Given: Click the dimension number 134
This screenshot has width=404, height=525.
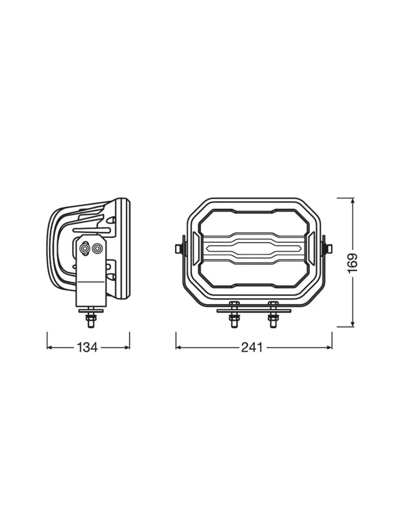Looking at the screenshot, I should [88, 347].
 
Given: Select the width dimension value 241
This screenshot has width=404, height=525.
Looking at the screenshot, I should [252, 347].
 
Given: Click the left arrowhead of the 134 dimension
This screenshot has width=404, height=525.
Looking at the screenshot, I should [49, 347].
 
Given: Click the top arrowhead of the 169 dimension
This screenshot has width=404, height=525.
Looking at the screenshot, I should [352, 201].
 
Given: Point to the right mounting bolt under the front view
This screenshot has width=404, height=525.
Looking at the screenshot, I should [273, 319].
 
